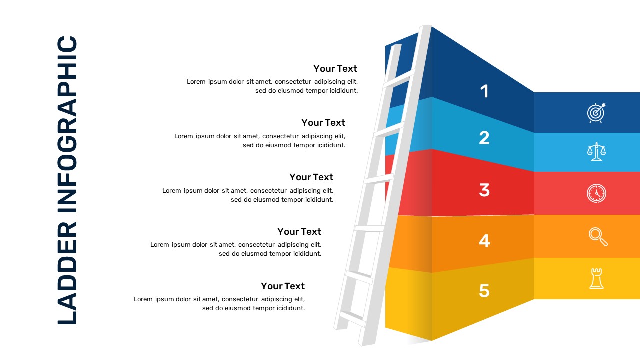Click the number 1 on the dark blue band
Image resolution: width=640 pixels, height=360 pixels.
click(484, 91)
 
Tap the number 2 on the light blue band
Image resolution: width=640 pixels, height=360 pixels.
click(484, 138)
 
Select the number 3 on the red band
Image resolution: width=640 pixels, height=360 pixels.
click(484, 190)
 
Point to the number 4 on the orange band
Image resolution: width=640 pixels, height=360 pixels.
click(484, 241)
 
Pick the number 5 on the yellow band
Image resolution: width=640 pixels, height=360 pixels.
click(484, 290)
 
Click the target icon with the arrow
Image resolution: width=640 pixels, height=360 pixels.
click(596, 113)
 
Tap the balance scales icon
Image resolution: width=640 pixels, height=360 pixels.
click(596, 151)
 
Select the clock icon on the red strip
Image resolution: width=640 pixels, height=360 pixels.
click(596, 193)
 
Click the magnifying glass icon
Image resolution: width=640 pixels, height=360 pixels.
click(598, 236)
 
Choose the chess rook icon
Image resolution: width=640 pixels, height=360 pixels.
click(596, 278)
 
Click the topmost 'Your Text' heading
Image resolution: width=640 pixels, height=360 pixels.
click(335, 68)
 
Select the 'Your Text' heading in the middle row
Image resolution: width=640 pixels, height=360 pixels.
click(311, 177)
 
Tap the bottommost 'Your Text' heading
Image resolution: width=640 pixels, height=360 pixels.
click(283, 286)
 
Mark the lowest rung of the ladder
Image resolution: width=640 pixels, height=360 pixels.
click(352, 316)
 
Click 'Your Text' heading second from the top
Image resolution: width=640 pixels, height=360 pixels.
click(323, 122)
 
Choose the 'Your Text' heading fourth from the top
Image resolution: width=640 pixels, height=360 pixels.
click(299, 231)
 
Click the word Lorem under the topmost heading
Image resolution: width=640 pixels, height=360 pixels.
click(196, 82)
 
